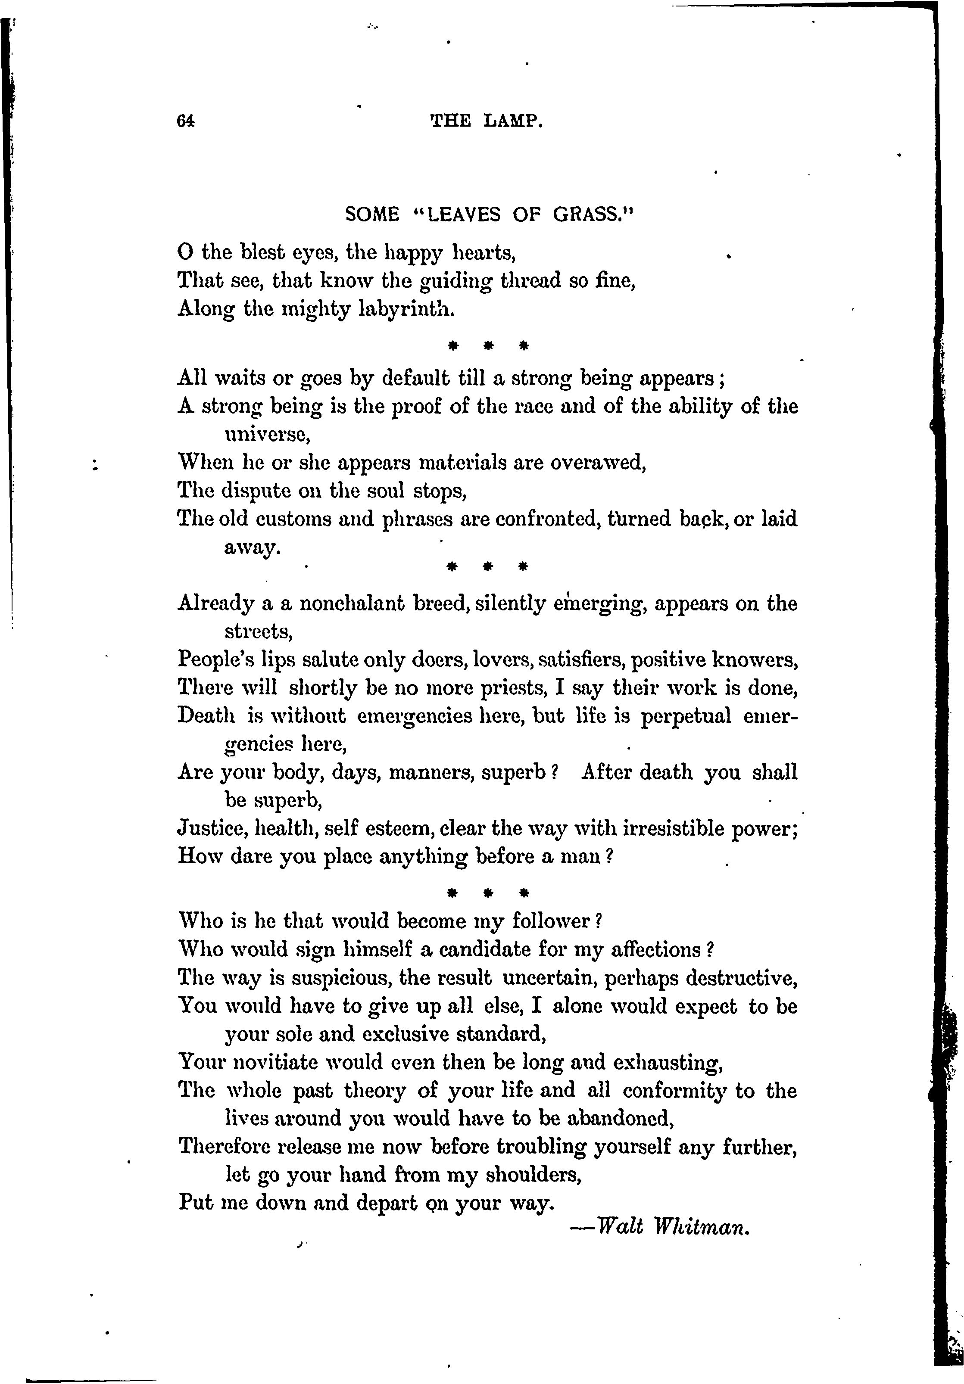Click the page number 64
pyautogui.click(x=186, y=121)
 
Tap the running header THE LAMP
pyautogui.click(x=487, y=122)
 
